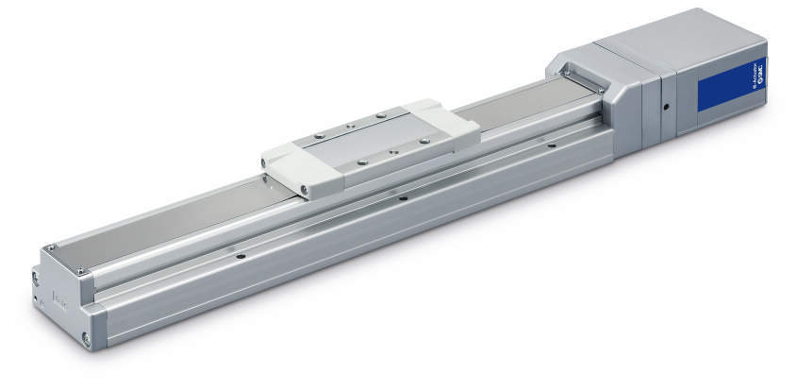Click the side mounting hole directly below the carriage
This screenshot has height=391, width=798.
coord(403,198)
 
